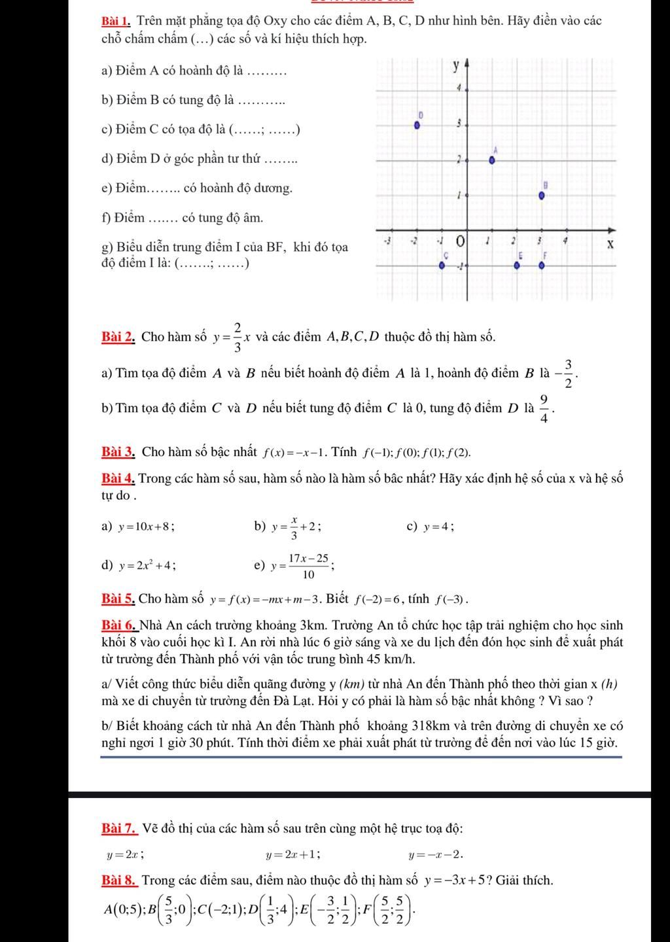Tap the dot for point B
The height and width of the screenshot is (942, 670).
click(x=542, y=195)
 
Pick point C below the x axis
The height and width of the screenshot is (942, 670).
click(x=442, y=266)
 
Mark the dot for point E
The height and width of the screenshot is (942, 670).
click(x=517, y=266)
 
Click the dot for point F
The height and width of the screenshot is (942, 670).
click(x=542, y=266)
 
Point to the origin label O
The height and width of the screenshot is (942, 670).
click(x=461, y=241)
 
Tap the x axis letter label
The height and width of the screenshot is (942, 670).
click(x=609, y=245)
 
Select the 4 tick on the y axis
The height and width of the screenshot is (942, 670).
click(x=460, y=87)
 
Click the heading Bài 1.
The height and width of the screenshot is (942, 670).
click(x=118, y=21)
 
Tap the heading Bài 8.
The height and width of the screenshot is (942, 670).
click(x=119, y=880)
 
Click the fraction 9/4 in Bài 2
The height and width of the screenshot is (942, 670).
click(x=545, y=409)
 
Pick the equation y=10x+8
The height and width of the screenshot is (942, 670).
click(x=146, y=527)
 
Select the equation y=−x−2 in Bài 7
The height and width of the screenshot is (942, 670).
click(x=436, y=854)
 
